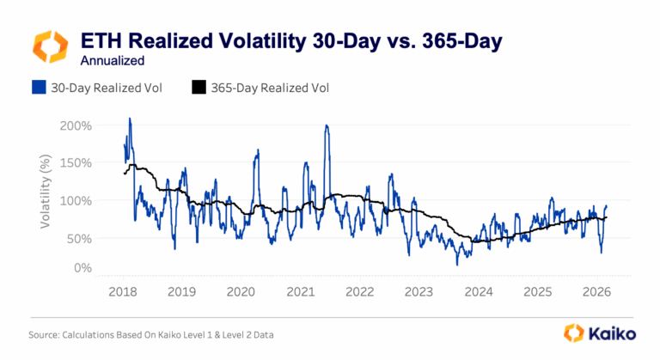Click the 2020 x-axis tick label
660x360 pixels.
[x=241, y=291]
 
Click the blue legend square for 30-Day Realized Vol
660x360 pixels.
[x=38, y=87]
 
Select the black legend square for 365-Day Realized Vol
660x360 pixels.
[x=199, y=87]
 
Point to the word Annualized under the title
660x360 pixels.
[x=112, y=61]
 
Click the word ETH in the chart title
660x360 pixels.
[x=100, y=40]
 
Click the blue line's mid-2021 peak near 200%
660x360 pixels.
[x=327, y=125]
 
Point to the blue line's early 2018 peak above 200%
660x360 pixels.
[x=130, y=119]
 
